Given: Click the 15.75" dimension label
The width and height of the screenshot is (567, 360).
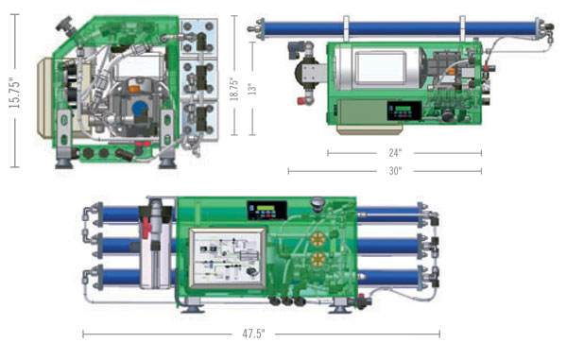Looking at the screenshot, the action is [x=15, y=93].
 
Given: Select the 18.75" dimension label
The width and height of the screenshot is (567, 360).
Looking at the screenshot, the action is [x=234, y=89].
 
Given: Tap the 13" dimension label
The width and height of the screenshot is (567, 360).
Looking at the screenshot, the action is [x=252, y=89].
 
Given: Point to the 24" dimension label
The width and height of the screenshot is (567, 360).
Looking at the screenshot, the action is [x=395, y=153].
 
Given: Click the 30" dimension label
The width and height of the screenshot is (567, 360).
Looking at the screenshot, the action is [x=395, y=171].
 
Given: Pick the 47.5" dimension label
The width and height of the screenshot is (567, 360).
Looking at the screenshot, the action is [x=253, y=334].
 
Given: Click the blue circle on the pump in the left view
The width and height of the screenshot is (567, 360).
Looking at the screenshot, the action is [x=140, y=108].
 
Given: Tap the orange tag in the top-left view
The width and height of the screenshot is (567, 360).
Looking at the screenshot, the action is [x=134, y=89].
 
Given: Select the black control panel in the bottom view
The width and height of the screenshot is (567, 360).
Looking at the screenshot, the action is [x=266, y=211].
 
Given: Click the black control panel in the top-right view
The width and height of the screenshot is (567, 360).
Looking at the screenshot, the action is [x=404, y=111].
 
